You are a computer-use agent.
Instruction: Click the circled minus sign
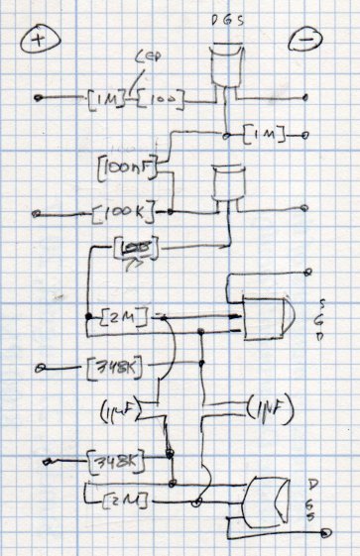[x=302, y=41]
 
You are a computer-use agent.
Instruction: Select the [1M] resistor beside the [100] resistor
[x=104, y=98]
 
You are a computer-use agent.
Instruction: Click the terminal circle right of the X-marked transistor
[x=324, y=532]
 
